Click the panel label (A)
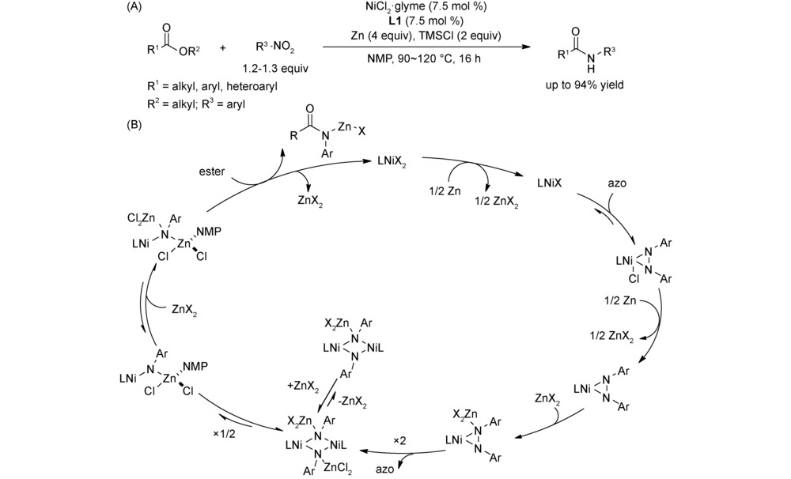(135, 7)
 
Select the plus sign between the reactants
(223, 48)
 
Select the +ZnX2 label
(302, 387)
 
